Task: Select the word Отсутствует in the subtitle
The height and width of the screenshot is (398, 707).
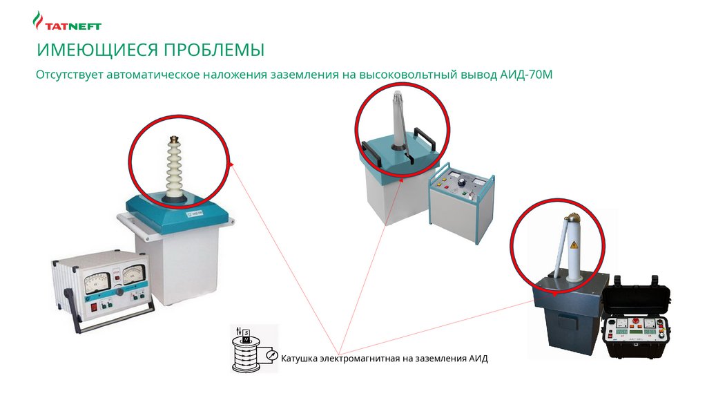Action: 70,74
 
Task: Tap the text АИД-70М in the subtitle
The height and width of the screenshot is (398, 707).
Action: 525,74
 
